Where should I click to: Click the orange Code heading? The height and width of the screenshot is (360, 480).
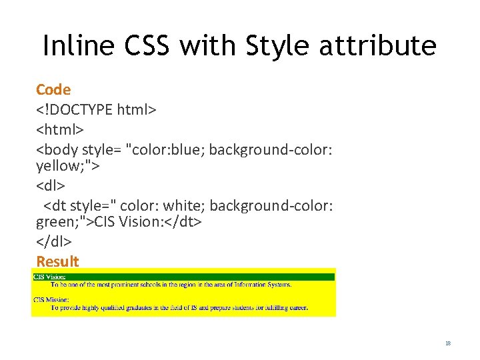pyautogui.click(x=53, y=89)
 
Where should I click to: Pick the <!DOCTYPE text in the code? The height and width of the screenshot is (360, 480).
pyautogui.click(x=74, y=109)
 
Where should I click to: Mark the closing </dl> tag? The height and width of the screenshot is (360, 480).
pyautogui.click(x=54, y=241)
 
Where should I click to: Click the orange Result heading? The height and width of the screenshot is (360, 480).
pyautogui.click(x=57, y=261)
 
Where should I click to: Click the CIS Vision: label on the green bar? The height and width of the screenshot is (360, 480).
pyautogui.click(x=51, y=276)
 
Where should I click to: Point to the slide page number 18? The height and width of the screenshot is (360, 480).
pyautogui.click(x=448, y=343)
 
